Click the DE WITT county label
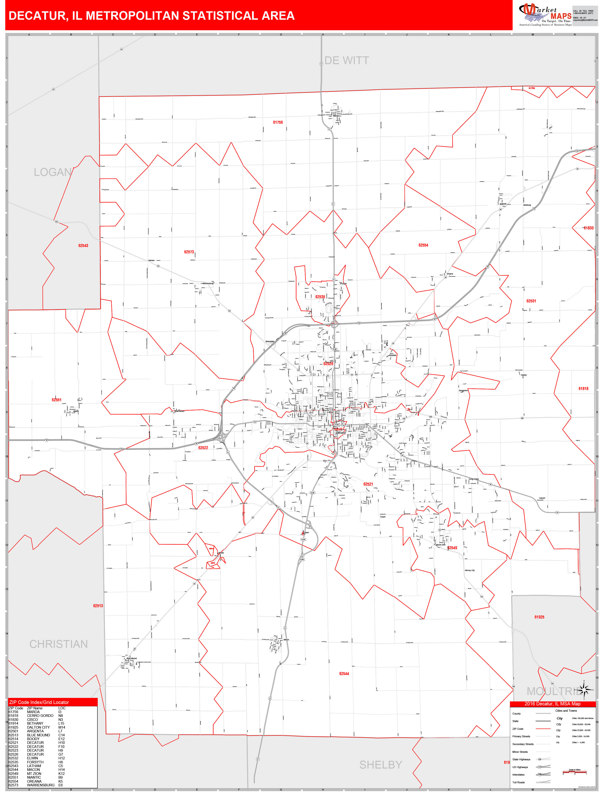[346, 60]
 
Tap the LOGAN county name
[52, 172]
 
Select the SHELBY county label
[380, 765]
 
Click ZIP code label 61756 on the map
[278, 122]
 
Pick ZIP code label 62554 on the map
[423, 245]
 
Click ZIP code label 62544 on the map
[344, 673]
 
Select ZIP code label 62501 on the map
[531, 301]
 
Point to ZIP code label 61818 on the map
[583, 388]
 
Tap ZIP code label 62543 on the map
[83, 246]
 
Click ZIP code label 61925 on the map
[539, 617]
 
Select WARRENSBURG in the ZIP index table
[41, 785]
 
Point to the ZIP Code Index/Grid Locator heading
[39, 702]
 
